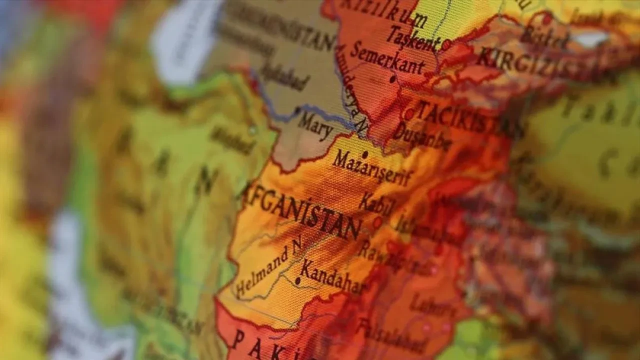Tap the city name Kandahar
pyautogui.click(x=332, y=277)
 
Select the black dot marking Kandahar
pyautogui.click(x=298, y=281)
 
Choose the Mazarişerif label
pyautogui.click(x=373, y=168)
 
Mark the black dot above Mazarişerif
pyautogui.click(x=365, y=155)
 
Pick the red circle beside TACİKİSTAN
pyautogui.click(x=409, y=114)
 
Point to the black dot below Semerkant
pyautogui.click(x=392, y=78)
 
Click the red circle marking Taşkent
pyautogui.click(x=446, y=44)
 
